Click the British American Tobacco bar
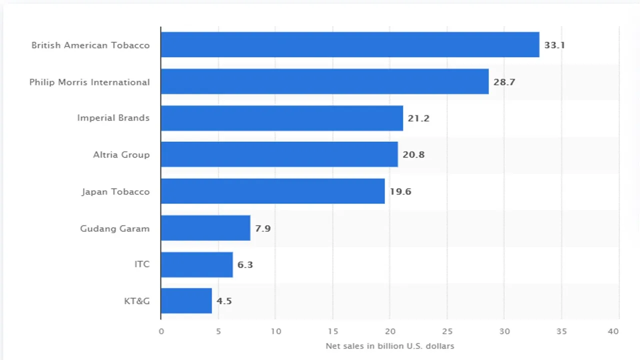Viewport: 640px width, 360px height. [x=350, y=44]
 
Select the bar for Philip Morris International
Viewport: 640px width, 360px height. [x=324, y=81]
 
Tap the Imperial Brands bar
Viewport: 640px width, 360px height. [x=281, y=118]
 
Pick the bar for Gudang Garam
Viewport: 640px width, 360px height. [x=205, y=228]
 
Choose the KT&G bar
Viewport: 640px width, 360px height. [x=186, y=300]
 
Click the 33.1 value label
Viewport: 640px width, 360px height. [x=554, y=45]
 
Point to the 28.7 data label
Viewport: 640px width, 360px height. [x=504, y=82]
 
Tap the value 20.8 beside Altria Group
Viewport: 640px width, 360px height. [x=413, y=154]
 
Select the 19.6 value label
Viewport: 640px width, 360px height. [x=400, y=191]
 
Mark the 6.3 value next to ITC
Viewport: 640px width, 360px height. [x=245, y=264]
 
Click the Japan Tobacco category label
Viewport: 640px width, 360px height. [x=115, y=191]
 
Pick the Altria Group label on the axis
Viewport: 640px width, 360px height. [x=121, y=154]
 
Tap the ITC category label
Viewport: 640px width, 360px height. [x=142, y=264]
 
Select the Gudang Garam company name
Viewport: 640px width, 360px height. [x=114, y=228]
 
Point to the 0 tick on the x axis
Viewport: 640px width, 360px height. [x=161, y=331]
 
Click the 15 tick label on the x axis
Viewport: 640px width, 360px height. [x=333, y=331]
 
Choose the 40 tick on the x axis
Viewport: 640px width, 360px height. [x=613, y=331]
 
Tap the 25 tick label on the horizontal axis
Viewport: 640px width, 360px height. [x=447, y=331]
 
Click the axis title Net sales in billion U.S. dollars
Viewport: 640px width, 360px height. [x=389, y=346]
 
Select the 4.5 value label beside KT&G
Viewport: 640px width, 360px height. [x=224, y=301]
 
